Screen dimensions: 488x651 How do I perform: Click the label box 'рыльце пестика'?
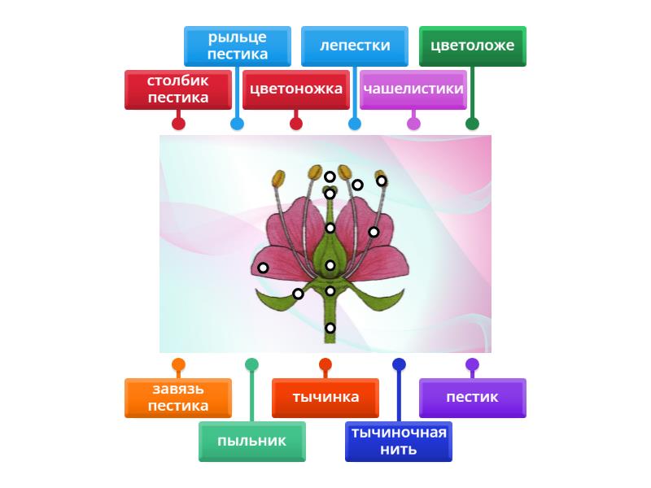pos(237,46)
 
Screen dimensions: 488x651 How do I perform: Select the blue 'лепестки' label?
pos(354,46)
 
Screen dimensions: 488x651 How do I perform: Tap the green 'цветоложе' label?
pos(472,46)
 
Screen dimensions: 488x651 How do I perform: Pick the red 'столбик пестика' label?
pos(178,89)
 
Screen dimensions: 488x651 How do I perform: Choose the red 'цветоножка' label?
pos(295,89)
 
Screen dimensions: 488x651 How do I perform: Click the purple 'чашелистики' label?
pos(413,89)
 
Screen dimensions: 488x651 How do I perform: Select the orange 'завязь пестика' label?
pos(178,398)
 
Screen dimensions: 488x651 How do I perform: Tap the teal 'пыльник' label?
pos(251,442)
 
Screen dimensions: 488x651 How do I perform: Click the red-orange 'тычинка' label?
pos(325,398)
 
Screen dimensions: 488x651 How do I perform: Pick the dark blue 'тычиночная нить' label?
pos(398,442)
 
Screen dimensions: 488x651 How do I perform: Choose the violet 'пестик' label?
pos(472,398)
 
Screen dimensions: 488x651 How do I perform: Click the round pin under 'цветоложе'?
pos(472,124)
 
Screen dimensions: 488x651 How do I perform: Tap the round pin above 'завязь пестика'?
pos(178,364)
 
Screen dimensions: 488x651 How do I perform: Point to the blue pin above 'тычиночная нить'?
pos(399,364)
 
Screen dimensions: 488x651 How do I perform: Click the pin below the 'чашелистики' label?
pos(413,124)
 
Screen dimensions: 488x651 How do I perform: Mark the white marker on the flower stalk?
pos(330,328)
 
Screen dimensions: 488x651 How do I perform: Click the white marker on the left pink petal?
pos(263,268)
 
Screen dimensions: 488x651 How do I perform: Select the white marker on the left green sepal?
pos(298,294)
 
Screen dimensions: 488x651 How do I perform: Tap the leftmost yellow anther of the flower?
pos(278,177)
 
